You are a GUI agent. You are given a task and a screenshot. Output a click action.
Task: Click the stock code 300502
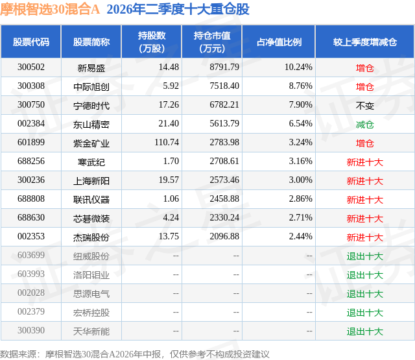click(31, 67)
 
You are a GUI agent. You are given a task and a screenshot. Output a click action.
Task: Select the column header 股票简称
click(91, 42)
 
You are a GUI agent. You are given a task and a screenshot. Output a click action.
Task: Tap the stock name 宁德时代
click(91, 106)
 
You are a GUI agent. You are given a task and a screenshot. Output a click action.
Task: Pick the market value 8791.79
click(224, 67)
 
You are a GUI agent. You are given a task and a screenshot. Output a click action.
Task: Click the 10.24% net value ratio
click(298, 67)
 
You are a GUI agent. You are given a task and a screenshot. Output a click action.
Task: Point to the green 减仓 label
click(364, 125)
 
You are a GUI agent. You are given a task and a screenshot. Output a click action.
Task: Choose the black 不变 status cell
click(364, 106)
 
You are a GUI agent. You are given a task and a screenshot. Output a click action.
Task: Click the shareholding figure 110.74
click(167, 143)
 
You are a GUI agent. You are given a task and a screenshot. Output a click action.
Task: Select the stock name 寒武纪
click(91, 162)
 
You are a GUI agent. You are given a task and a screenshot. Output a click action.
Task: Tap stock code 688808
click(31, 198)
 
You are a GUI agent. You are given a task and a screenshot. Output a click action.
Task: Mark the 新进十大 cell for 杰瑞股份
click(364, 237)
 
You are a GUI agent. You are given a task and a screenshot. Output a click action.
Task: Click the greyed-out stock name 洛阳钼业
click(91, 275)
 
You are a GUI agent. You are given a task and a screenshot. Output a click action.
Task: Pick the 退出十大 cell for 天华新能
click(364, 331)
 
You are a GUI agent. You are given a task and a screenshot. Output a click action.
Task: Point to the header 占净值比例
click(279, 42)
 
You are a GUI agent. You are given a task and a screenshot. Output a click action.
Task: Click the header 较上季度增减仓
click(365, 42)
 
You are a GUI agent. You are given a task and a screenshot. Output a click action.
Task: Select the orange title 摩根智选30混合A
click(50, 9)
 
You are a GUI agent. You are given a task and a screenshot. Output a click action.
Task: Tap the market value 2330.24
click(224, 217)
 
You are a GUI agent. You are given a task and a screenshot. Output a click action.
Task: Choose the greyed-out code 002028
click(31, 293)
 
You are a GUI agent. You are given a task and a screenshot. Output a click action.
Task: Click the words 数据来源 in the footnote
click(18, 354)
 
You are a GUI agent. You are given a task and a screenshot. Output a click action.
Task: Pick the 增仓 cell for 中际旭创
click(364, 87)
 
